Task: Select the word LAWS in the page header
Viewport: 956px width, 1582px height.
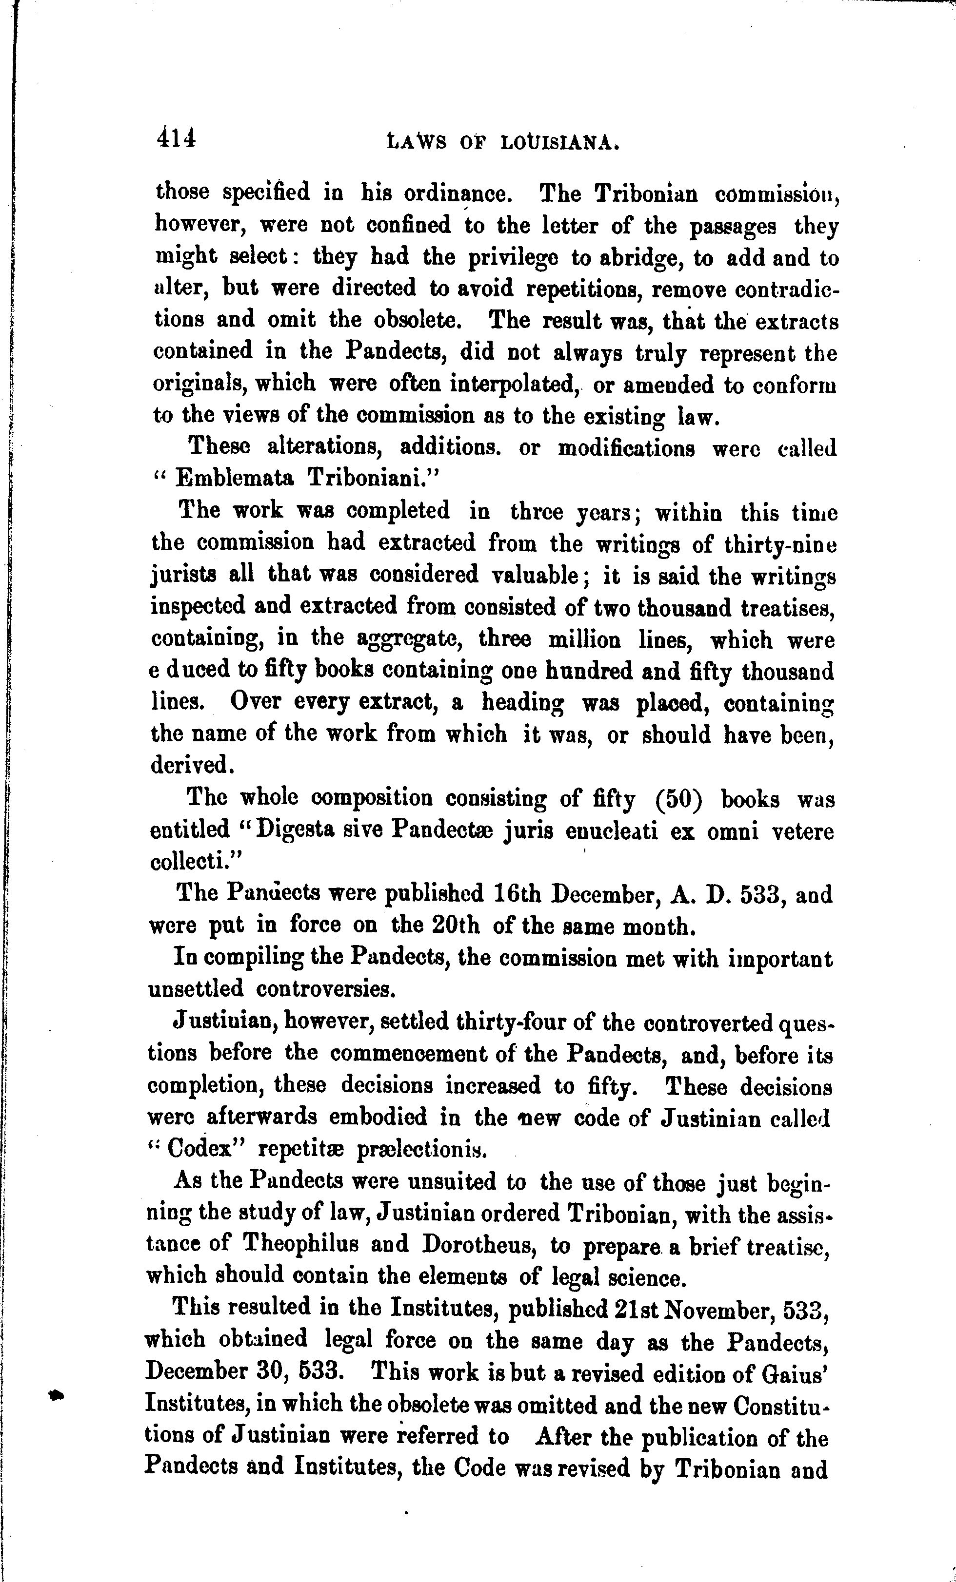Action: [x=417, y=142]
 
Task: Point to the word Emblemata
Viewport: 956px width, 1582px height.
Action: [x=235, y=478]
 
